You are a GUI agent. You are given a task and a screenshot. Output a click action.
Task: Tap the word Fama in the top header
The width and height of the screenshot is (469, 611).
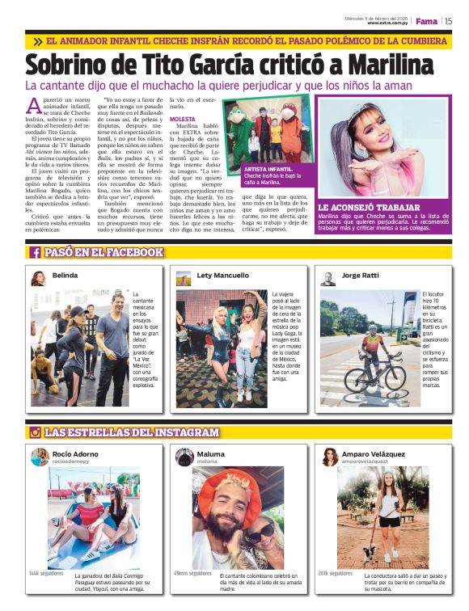pyautogui.click(x=426, y=21)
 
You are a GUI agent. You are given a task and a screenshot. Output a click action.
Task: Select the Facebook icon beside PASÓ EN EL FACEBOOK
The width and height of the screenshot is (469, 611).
pyautogui.click(x=36, y=252)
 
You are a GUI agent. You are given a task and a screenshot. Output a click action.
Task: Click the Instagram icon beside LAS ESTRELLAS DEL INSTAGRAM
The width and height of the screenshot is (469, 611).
pyautogui.click(x=36, y=432)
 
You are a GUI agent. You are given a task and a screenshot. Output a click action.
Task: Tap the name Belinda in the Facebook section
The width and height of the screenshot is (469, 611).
pyautogui.click(x=65, y=275)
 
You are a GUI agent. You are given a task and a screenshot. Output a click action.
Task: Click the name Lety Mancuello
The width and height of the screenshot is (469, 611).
pyautogui.click(x=223, y=275)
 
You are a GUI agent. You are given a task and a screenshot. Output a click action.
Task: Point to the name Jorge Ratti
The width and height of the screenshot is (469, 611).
pyautogui.click(x=361, y=275)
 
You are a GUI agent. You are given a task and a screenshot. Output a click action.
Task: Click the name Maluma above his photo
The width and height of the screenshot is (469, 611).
pyautogui.click(x=211, y=454)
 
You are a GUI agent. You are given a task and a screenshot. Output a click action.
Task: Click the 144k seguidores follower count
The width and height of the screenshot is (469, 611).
pyautogui.click(x=45, y=573)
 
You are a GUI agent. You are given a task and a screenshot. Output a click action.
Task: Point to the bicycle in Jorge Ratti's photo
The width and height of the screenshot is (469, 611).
pyautogui.click(x=373, y=376)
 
